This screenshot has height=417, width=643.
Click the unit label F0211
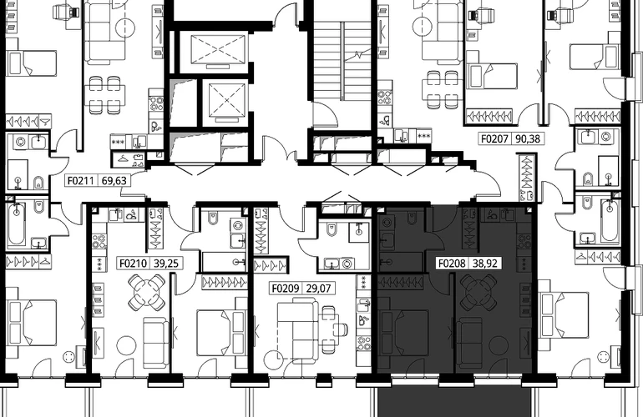pos(81,180)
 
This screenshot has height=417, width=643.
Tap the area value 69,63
pos(114,180)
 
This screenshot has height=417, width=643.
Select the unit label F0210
pos(133,263)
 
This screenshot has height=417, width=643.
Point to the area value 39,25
pos(166,263)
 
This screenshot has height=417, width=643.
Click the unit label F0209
pos(286,289)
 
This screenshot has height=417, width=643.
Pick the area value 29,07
pos(319,289)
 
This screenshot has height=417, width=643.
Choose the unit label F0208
pos(452,263)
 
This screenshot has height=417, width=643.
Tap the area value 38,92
pos(485,263)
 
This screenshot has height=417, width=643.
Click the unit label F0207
pos(494,139)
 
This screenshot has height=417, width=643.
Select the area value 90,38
pos(528,139)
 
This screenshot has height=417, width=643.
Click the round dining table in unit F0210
pos(146,293)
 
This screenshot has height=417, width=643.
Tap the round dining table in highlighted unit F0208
pos(478,293)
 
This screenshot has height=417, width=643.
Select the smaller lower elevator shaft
pos(227,101)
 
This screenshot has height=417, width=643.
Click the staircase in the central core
pos(342,61)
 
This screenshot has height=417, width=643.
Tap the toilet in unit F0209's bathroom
pos(332,231)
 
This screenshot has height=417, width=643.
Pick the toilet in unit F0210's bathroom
pos(214,219)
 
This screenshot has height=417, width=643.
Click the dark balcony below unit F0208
pos(454,401)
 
